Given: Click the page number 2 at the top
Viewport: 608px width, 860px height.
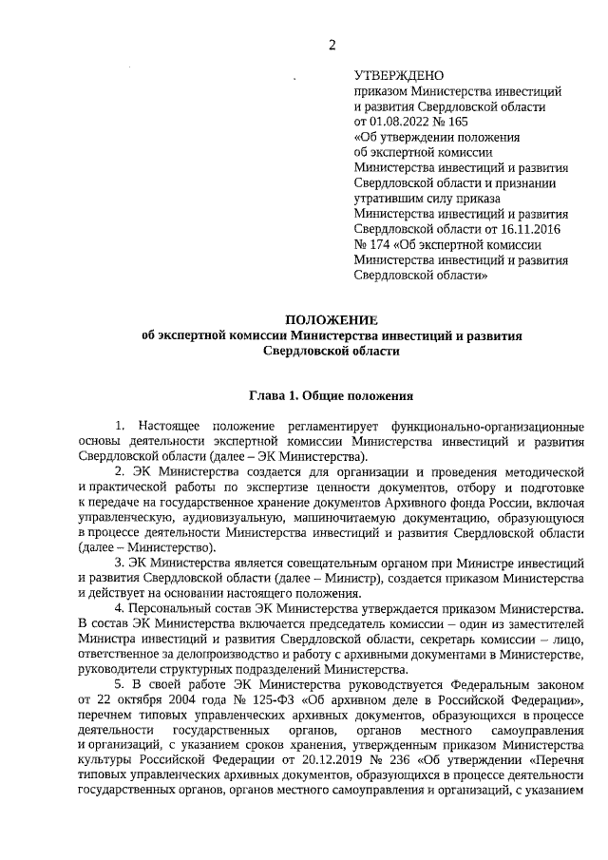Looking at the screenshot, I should click(x=332, y=46).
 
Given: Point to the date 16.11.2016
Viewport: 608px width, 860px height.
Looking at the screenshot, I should click(x=521, y=229).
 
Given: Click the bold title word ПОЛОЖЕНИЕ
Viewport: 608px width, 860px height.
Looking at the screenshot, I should click(x=332, y=319).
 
